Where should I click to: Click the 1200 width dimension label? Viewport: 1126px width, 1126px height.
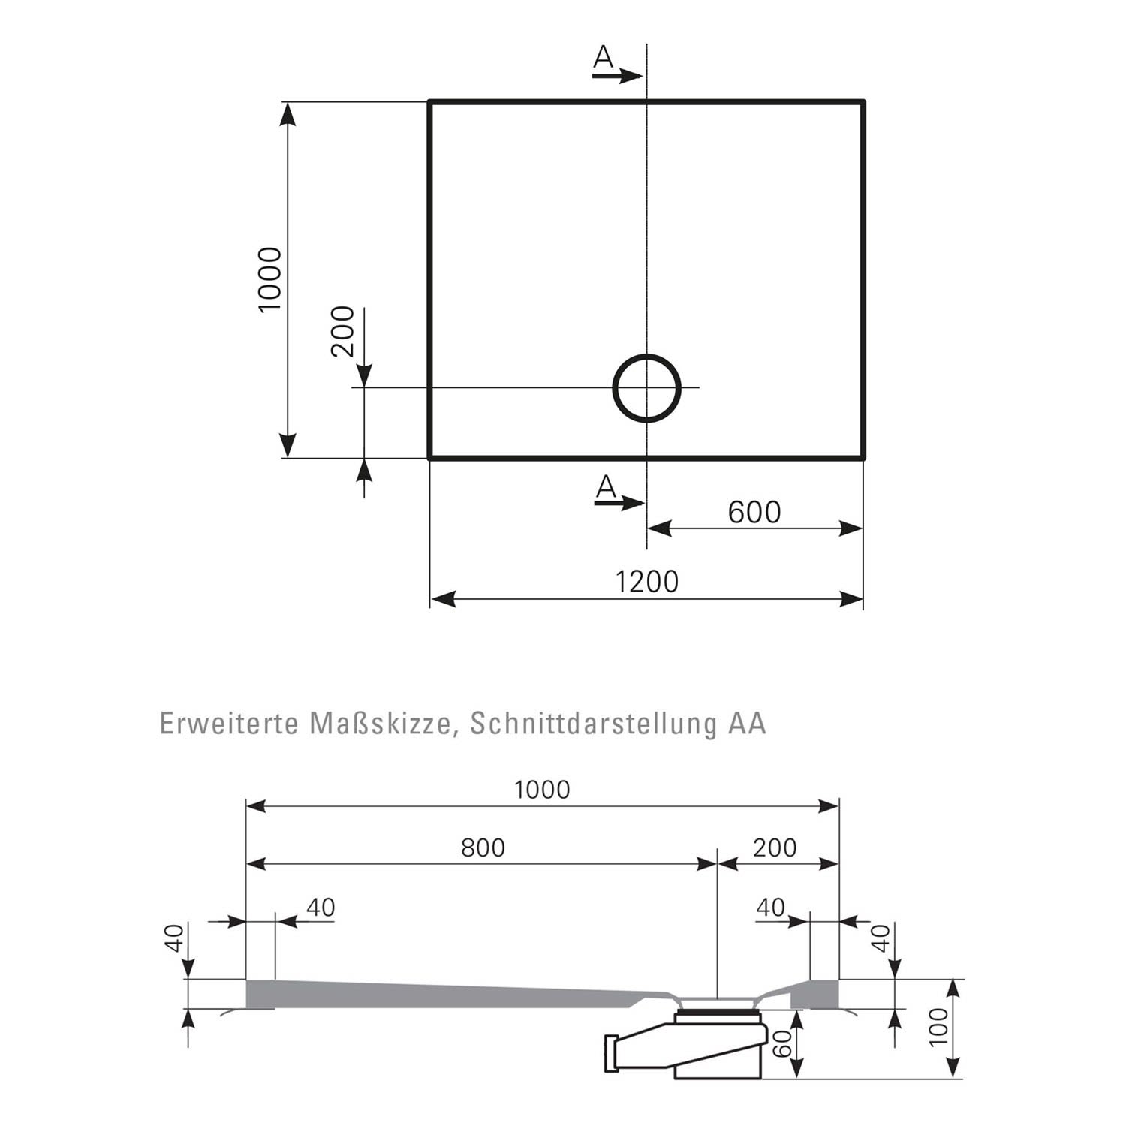646,582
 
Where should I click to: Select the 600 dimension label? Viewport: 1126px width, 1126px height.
754,513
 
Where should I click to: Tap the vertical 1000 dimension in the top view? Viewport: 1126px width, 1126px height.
269,279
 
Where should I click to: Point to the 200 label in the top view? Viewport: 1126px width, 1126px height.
342,331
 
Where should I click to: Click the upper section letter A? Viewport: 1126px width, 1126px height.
604,57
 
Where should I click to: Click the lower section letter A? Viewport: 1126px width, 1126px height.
606,488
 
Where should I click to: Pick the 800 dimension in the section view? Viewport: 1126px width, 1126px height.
483,848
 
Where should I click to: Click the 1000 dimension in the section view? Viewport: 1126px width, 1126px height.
542,790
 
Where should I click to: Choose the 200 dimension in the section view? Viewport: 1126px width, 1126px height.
775,848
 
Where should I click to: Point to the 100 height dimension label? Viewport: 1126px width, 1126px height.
939,1027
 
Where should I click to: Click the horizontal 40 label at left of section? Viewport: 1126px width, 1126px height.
321,907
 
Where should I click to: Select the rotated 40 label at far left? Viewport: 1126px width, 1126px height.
173,938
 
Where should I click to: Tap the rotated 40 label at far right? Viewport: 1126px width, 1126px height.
881,938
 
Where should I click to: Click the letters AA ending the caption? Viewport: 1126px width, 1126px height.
746,724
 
